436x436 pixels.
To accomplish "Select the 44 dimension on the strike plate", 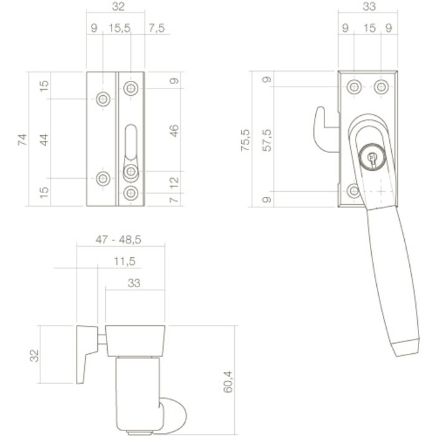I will (x=44, y=138).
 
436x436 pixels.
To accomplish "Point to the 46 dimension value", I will (x=174, y=130).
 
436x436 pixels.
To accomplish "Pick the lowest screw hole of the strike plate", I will (x=131, y=193).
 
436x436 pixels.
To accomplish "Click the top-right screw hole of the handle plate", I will (x=379, y=87).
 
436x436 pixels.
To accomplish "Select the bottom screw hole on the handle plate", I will (x=353, y=191).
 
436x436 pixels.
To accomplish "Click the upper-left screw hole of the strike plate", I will (x=103, y=98).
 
